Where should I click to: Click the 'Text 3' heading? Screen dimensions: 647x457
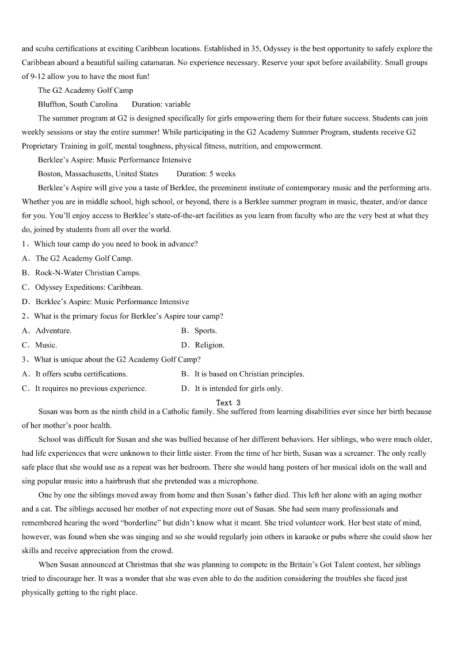(228, 403)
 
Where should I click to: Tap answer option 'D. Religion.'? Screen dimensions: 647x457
(203, 345)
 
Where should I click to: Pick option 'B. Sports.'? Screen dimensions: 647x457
(199, 331)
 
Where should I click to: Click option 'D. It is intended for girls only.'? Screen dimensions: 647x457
(232, 388)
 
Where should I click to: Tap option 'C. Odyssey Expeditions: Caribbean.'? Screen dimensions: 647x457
(82, 287)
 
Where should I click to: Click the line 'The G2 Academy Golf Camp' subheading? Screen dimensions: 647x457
(85, 90)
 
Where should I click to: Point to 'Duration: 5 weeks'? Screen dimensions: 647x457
(206, 173)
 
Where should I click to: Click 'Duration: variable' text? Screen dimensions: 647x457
(161, 104)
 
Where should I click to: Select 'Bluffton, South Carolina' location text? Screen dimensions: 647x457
(78, 104)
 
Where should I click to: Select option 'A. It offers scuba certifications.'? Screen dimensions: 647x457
(75, 374)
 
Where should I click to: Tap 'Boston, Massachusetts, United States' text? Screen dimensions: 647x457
(98, 173)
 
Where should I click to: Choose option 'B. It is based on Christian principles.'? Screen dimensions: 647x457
(243, 374)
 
